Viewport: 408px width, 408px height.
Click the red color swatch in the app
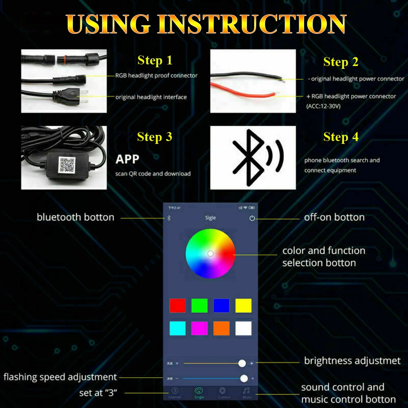tap(177, 306)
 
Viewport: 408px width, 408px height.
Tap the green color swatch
tap(199, 306)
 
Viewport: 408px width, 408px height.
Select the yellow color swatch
tap(243, 306)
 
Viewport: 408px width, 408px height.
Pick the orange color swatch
tap(221, 329)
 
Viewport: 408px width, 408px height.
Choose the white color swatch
tap(243, 329)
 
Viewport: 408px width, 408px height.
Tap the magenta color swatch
tap(199, 329)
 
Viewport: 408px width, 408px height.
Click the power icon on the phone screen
tap(252, 218)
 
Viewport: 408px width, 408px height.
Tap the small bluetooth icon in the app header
tap(170, 218)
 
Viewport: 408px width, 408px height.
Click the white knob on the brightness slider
tap(242, 363)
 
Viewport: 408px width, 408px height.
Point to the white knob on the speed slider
tap(244, 379)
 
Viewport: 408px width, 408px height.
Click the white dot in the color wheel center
tap(210, 254)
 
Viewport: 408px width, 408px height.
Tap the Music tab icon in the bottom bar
tap(247, 391)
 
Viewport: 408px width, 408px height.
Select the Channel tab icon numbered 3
tap(174, 391)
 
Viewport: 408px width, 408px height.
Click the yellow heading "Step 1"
tap(155, 61)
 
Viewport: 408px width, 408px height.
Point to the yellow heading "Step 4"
tap(341, 137)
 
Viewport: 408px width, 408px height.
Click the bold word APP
tap(127, 159)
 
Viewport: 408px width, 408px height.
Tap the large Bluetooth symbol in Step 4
tap(249, 157)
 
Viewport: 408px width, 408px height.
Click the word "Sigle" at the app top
tap(210, 218)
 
